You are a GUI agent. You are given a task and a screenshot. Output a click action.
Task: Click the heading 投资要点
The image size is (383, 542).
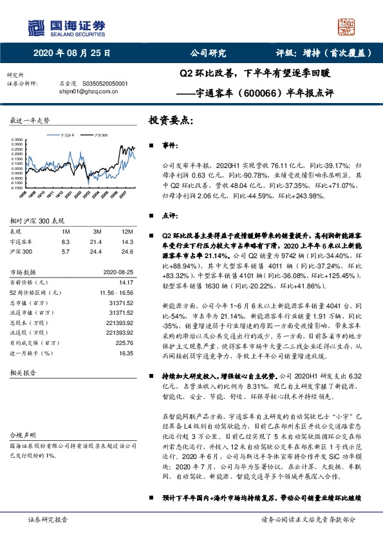click(x=171, y=120)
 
